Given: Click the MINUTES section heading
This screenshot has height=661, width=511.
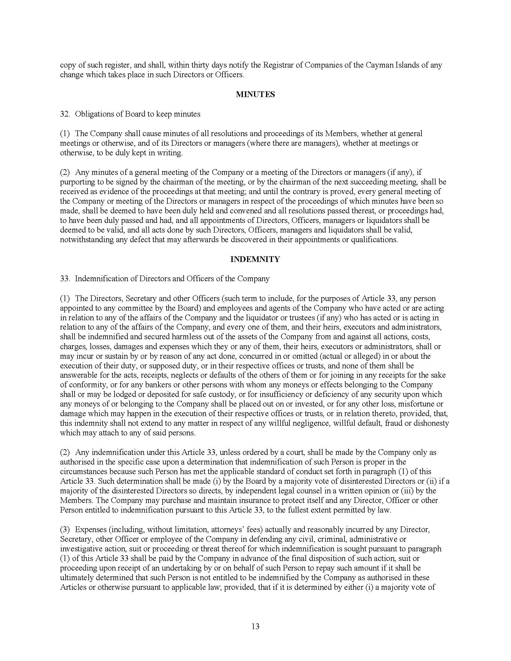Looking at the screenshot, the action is pyautogui.click(x=255, y=94).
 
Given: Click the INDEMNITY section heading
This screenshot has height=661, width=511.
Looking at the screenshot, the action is pyautogui.click(x=255, y=259).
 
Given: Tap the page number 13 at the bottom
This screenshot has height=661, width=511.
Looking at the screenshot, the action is pyautogui.click(x=255, y=626).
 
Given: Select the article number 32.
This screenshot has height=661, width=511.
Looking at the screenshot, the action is pyautogui.click(x=65, y=114).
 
